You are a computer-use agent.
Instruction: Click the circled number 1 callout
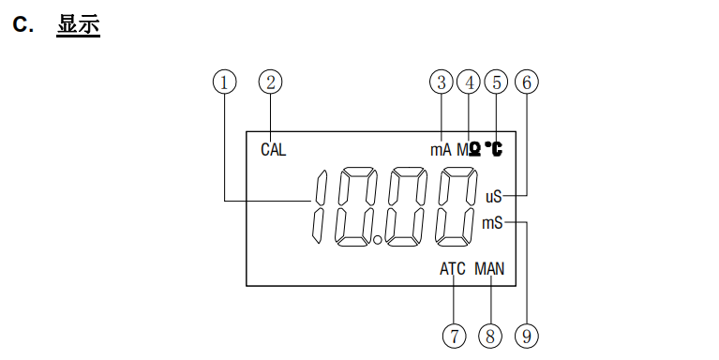223,82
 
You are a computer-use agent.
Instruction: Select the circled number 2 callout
271,82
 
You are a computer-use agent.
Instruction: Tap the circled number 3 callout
442,82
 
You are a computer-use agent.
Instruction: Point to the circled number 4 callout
469,82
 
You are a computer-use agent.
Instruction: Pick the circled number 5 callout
497,82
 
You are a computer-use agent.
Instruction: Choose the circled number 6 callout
527,82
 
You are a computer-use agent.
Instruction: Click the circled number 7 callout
455,335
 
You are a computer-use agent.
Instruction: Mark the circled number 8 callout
490,335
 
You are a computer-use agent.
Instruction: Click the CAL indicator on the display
274,149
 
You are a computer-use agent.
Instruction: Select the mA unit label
441,149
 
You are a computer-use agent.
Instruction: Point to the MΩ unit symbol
470,149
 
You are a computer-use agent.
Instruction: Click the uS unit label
493,196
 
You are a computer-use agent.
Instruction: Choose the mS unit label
492,223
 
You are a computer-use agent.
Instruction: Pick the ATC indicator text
453,269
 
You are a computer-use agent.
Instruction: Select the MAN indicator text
489,269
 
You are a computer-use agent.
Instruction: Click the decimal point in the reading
378,241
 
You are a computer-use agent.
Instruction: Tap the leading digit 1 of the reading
319,206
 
